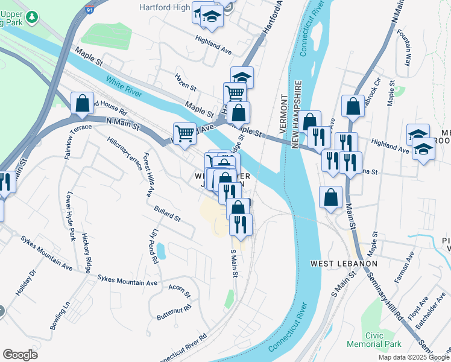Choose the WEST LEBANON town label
344,264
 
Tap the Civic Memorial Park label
374,339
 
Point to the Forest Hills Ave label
147,175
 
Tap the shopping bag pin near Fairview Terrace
82,104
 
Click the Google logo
20,355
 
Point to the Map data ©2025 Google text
414,357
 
